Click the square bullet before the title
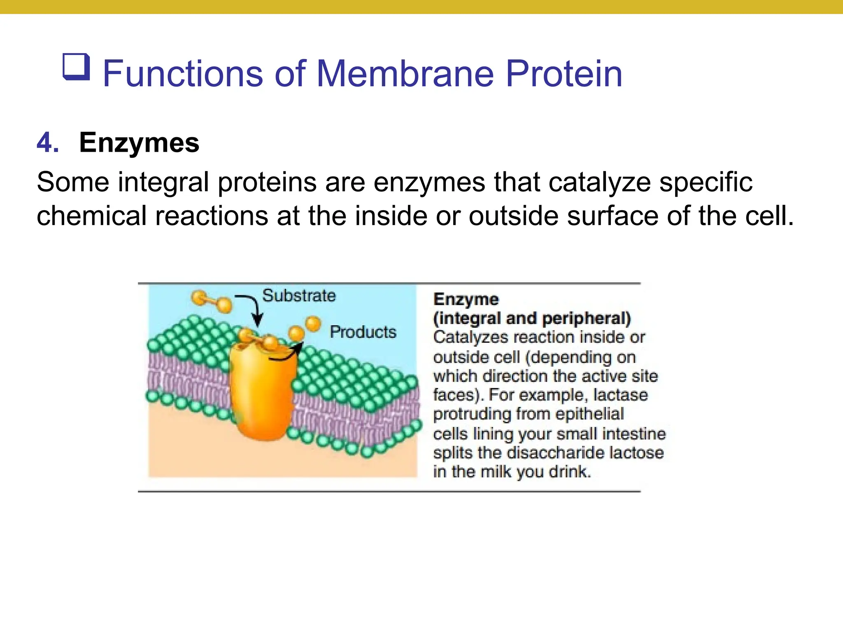click(x=76, y=67)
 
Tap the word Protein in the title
click(x=564, y=74)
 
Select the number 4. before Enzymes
click(x=48, y=143)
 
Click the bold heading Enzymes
click(x=139, y=143)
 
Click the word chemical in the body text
click(x=91, y=216)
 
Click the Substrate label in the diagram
click(x=299, y=296)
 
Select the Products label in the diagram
click(x=363, y=332)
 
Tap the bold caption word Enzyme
click(x=466, y=300)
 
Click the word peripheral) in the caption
click(x=586, y=318)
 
